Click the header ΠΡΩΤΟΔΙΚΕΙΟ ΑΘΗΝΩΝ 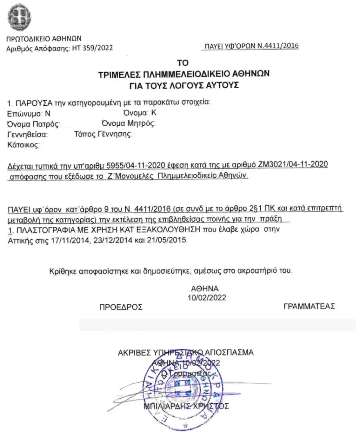pos(43,39)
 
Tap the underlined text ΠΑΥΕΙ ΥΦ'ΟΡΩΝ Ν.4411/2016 pos(252,46)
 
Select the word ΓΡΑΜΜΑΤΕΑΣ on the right pos(309,306)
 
